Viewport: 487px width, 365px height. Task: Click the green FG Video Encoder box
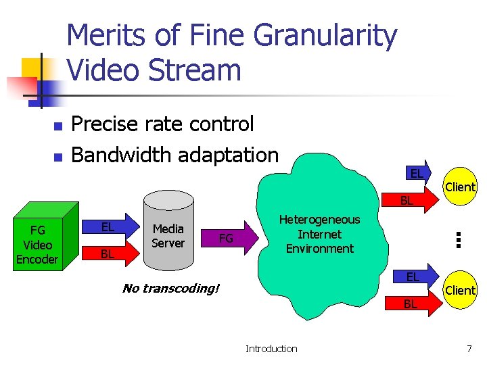point(38,245)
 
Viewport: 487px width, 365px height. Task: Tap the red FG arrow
point(230,237)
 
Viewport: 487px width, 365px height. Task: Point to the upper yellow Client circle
point(460,187)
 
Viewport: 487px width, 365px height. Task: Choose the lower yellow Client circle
point(460,290)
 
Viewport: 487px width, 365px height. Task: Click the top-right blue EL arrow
point(419,174)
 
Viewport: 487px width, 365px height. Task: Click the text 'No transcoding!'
point(170,289)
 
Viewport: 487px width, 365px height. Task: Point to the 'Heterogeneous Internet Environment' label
point(319,234)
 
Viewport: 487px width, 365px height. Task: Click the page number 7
point(469,349)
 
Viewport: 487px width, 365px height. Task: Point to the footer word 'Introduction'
point(271,349)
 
